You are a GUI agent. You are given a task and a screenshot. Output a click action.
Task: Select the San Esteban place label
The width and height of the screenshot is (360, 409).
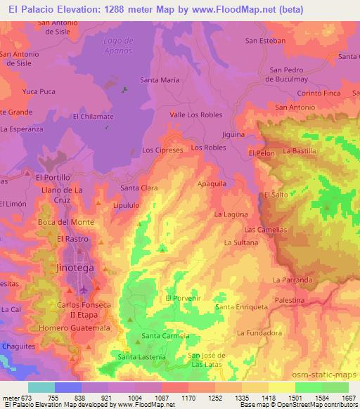click(265, 41)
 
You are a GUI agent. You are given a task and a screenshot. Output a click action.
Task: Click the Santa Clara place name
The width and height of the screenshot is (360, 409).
click(139, 188)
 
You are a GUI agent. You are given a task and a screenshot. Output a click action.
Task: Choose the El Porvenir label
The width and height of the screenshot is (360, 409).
click(183, 298)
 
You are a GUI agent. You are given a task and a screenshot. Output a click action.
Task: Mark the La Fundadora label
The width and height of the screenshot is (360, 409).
click(259, 333)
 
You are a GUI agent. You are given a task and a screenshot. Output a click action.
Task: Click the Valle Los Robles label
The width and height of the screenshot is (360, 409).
click(196, 115)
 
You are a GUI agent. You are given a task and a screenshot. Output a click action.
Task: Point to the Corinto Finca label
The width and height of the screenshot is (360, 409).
click(319, 93)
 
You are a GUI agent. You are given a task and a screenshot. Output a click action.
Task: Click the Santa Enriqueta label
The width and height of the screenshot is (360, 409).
click(242, 307)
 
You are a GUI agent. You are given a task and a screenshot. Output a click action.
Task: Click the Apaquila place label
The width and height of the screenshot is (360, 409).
click(212, 183)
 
